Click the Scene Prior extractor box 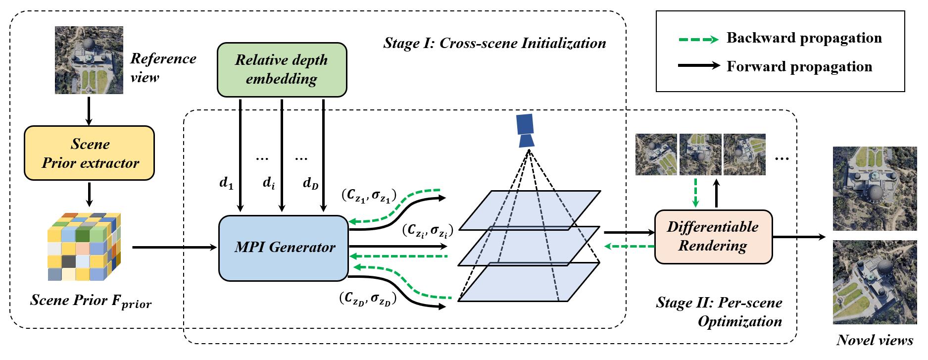point(90,153)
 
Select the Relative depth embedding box point(282,69)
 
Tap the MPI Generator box point(284,247)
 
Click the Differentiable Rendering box point(713,236)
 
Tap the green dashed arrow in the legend point(698,39)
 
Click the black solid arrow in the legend point(698,65)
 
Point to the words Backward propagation point(804,38)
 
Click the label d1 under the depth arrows point(226,184)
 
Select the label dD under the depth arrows point(311,184)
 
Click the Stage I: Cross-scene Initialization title point(494,43)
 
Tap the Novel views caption point(875,340)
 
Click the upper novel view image point(875,188)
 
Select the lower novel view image point(875,282)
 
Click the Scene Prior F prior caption point(91,301)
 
